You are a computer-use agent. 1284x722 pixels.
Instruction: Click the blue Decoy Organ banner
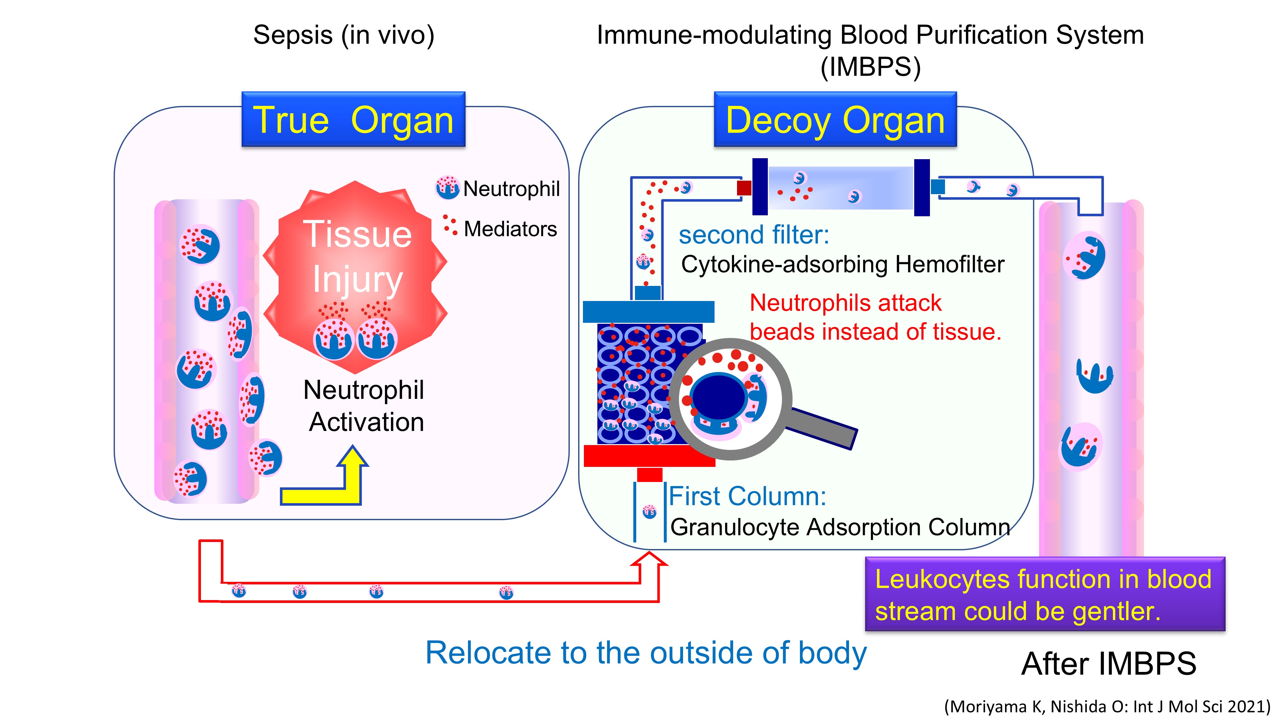tap(835, 120)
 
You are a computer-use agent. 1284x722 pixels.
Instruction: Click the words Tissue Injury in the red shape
tap(357, 257)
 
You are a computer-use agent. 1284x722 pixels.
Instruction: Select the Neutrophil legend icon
tap(447, 188)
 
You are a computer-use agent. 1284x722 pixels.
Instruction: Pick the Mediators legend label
tap(510, 229)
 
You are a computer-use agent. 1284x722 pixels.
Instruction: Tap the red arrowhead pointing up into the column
tap(649, 559)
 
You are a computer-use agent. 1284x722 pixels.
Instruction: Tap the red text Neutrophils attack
tap(846, 303)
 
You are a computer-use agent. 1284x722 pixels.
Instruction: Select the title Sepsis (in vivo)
tap(343, 35)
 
